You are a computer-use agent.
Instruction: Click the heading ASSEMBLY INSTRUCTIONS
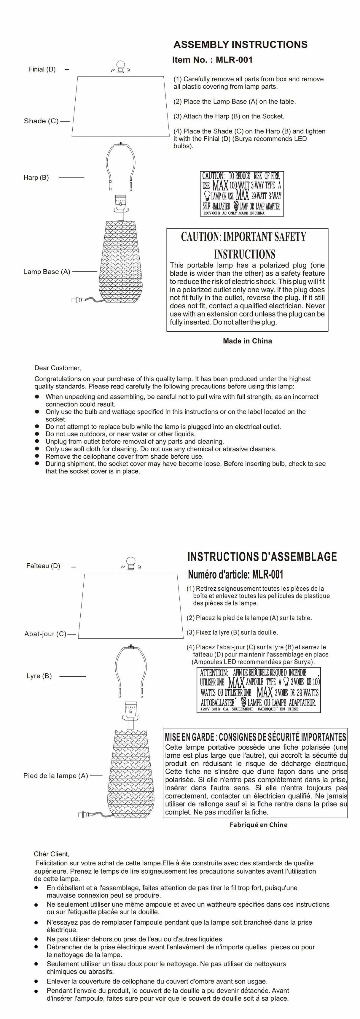(x=240, y=44)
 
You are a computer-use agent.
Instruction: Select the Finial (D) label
(x=42, y=69)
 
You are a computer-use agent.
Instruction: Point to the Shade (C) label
(x=41, y=121)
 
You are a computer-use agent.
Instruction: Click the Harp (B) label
(x=36, y=178)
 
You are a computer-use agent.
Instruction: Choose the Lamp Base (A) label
(x=47, y=272)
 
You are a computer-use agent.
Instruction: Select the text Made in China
(x=247, y=341)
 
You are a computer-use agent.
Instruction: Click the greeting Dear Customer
(x=57, y=368)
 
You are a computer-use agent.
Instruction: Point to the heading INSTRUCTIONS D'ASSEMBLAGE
(x=262, y=557)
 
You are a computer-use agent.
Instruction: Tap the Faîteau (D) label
(x=43, y=566)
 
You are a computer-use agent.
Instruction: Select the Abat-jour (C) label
(x=45, y=634)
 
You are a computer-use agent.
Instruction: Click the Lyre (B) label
(x=39, y=676)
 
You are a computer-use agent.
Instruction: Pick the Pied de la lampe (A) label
(x=55, y=776)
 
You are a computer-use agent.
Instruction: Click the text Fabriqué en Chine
(x=258, y=825)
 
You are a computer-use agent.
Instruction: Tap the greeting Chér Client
(x=51, y=854)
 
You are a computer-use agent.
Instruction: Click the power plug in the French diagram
(x=83, y=814)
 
